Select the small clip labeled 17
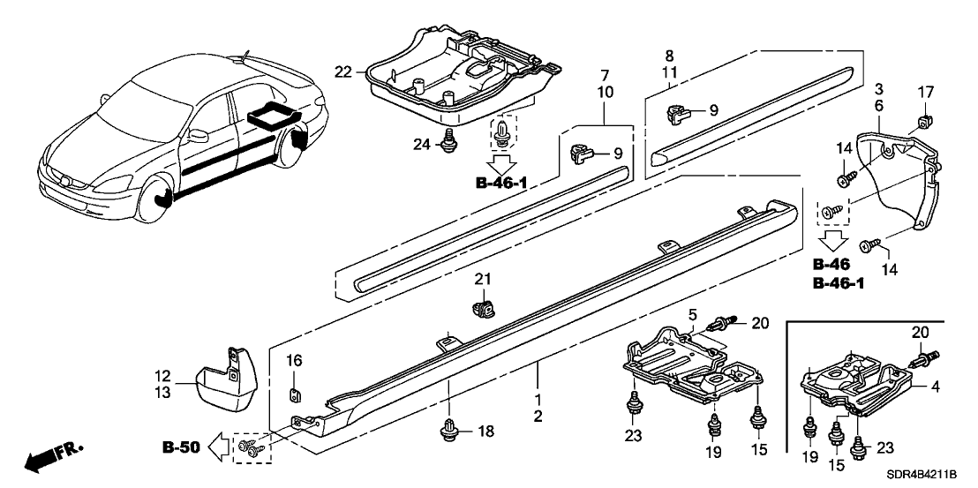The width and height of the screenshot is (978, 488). (x=924, y=117)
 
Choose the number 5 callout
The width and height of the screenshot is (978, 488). (x=693, y=315)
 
